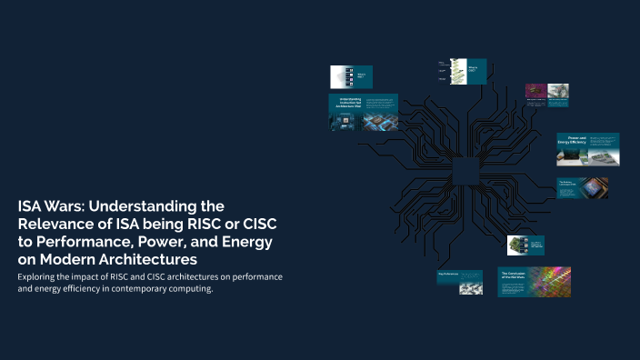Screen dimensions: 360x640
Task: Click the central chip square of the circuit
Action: click(x=465, y=170)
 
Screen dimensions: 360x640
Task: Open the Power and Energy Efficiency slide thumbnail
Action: click(x=588, y=149)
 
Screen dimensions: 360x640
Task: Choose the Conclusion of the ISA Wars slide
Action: click(x=534, y=282)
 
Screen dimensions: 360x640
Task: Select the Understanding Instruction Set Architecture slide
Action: click(x=363, y=112)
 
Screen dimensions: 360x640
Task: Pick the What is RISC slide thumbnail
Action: click(x=350, y=76)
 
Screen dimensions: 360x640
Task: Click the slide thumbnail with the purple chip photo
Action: click(x=546, y=92)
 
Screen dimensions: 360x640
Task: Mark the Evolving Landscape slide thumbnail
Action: click(x=582, y=187)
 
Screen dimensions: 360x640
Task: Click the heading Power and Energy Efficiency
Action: click(x=572, y=141)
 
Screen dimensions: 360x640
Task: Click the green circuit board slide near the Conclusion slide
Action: click(x=525, y=245)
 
